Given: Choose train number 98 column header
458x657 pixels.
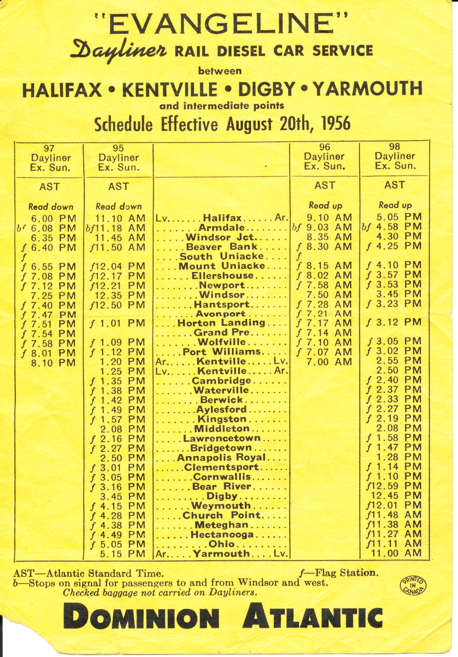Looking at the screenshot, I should [x=395, y=147].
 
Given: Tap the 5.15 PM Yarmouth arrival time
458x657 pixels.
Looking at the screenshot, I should [x=123, y=554].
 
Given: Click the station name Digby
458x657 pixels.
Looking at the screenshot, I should [x=222, y=496].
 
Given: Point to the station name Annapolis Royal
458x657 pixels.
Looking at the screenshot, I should [x=222, y=457].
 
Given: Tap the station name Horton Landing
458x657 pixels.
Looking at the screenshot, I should [x=221, y=323].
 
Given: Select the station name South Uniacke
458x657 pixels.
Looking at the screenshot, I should [x=222, y=257].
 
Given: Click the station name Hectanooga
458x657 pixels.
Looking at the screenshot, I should [x=222, y=535].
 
